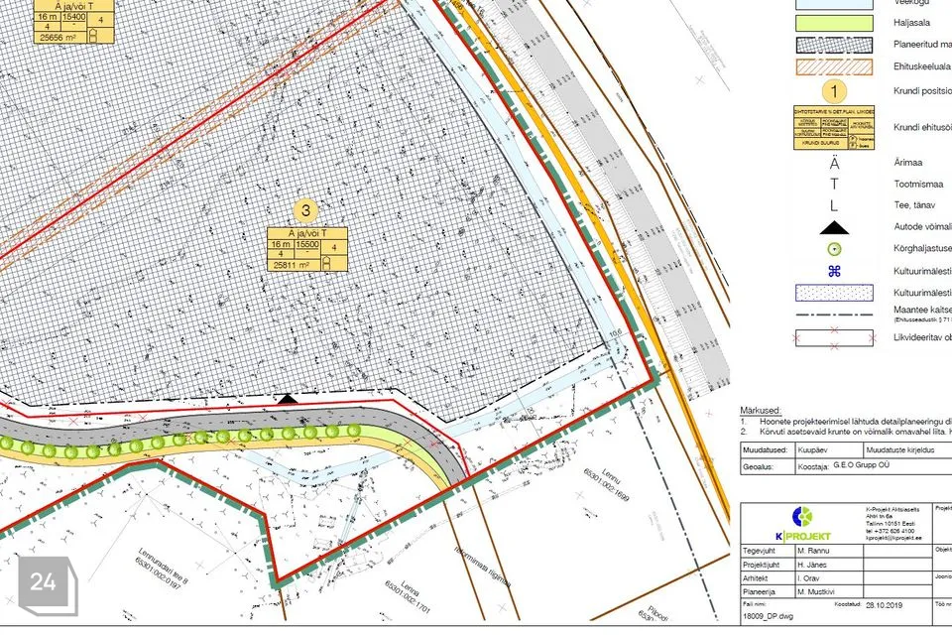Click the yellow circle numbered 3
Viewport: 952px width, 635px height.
306,210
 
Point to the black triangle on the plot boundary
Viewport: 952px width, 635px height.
287,398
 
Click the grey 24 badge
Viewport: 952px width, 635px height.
44,582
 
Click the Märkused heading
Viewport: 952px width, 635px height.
761,410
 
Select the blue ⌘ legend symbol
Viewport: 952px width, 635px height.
834,271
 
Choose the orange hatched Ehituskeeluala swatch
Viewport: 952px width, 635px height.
834,67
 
